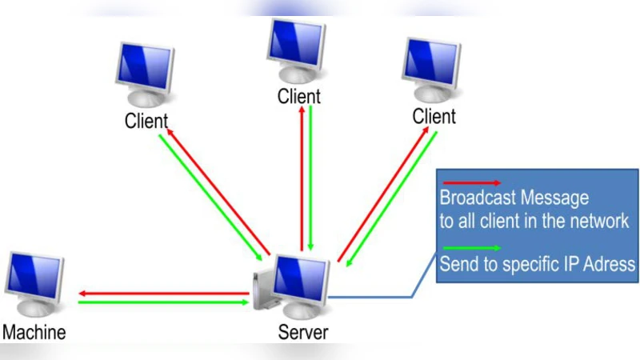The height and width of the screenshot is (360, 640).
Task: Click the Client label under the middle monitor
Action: [x=299, y=97]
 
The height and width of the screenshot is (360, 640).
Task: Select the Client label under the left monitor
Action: [x=146, y=122]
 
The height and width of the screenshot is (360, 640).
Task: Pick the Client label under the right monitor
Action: [x=434, y=117]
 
